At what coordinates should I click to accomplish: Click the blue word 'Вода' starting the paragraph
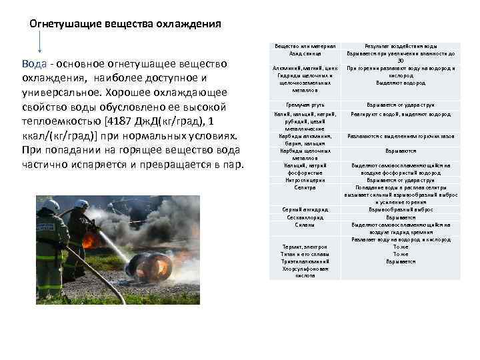(34, 64)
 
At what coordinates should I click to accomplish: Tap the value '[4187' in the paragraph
(114, 122)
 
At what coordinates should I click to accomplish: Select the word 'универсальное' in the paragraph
(57, 93)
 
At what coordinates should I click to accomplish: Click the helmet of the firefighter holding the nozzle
(81, 204)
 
